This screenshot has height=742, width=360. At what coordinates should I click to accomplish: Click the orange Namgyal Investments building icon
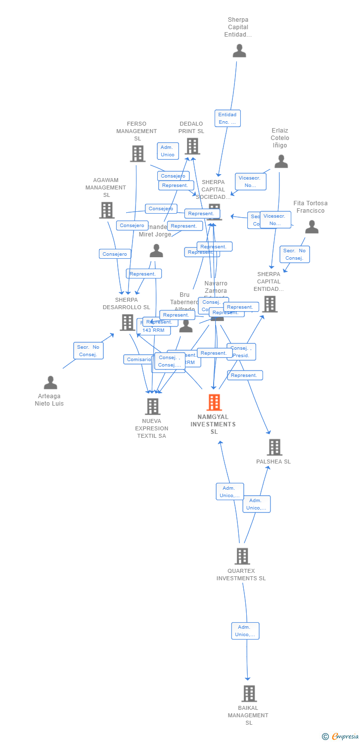coord(214,403)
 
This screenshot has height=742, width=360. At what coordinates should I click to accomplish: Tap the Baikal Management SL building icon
coord(249,694)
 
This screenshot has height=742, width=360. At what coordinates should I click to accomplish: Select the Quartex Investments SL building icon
coord(242,556)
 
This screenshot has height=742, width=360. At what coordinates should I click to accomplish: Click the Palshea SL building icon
coord(274,447)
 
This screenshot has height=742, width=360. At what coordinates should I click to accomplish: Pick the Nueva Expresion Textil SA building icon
coord(152,407)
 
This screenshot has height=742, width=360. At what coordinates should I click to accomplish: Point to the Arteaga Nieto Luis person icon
coord(50,382)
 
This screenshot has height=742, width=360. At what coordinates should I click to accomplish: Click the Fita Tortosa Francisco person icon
coord(312,227)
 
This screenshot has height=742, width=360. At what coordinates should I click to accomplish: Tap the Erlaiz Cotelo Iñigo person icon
coord(281,161)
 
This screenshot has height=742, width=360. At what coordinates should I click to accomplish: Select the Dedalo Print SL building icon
coord(192,146)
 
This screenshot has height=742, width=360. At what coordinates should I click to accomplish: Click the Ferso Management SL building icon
coord(137,154)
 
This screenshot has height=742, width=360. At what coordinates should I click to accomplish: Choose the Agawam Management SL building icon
coord(106,210)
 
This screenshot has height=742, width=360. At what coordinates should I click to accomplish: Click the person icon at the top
coord(239,50)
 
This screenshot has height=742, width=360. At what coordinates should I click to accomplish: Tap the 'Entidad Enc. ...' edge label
coord(227,118)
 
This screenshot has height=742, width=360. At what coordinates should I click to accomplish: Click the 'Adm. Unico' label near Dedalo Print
coord(168,151)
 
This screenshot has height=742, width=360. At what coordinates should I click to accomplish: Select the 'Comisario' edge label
coord(138,360)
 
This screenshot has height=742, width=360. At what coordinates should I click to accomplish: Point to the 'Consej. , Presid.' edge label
coord(242,352)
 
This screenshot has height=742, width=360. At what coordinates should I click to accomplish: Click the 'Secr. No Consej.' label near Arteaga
coord(89,351)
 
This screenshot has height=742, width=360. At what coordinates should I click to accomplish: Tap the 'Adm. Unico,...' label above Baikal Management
coord(245,631)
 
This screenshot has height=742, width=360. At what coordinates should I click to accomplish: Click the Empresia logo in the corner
coord(341,737)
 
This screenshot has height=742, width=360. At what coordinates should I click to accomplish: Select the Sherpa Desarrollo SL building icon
coord(127,323)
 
